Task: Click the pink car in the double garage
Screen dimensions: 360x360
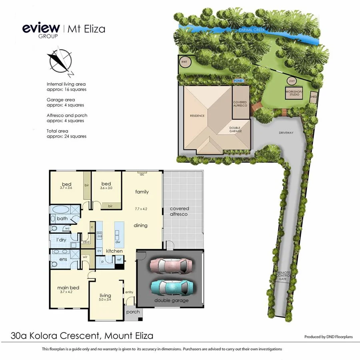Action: (171, 265)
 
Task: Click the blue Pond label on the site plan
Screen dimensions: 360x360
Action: (238, 80)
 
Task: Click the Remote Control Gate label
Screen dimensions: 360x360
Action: (284, 275)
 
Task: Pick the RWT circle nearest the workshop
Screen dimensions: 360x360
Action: (292, 81)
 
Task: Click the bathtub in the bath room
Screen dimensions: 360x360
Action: (60, 209)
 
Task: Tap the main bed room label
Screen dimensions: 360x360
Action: (68, 288)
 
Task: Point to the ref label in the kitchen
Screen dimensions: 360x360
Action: (119, 260)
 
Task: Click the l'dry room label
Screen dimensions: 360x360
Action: (61, 239)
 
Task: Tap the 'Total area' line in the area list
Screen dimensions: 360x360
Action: (66, 134)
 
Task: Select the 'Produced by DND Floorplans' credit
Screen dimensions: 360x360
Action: (328, 337)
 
